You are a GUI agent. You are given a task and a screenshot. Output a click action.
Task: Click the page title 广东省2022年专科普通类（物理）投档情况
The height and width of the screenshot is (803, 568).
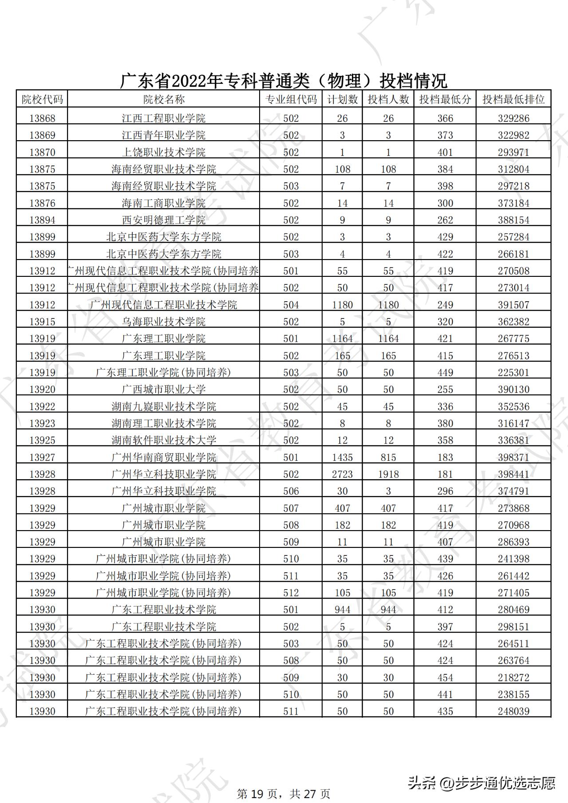[x=284, y=81]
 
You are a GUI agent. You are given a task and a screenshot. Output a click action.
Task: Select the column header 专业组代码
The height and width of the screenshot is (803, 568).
[x=291, y=99]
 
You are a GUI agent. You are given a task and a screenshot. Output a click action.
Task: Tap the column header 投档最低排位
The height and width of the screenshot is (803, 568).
[x=513, y=99]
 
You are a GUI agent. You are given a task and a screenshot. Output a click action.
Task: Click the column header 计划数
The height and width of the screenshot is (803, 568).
[x=342, y=99]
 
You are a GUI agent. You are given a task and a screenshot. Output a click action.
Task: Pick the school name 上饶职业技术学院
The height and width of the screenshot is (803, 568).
[x=164, y=152]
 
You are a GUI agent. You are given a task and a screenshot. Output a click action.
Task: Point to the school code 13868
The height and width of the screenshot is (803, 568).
[x=42, y=118]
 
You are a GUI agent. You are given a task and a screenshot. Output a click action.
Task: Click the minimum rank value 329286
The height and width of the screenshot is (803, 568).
[x=513, y=118]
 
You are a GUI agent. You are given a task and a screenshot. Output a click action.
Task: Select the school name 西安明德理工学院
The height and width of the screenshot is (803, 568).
[x=164, y=220]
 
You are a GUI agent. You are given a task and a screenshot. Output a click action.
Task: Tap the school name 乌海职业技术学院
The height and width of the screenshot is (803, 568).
[x=164, y=322]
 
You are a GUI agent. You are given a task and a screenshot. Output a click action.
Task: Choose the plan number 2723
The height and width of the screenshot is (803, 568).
[x=342, y=474]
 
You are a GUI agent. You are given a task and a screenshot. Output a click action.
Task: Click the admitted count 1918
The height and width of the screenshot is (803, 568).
[x=388, y=474]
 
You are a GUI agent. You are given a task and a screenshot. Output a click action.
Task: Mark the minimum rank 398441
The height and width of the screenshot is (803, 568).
[x=513, y=474]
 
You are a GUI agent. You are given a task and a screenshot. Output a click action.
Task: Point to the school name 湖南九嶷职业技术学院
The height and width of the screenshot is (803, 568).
[x=164, y=406]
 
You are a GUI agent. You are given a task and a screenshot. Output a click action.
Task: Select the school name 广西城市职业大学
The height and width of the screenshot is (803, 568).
[x=164, y=390]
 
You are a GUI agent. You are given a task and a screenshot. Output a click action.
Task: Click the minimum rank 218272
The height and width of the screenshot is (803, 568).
[x=513, y=677]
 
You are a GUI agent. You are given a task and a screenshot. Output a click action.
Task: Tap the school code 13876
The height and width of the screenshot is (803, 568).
[x=42, y=203]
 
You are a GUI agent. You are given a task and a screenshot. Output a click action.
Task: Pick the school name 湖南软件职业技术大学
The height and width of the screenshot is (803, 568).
[x=164, y=440]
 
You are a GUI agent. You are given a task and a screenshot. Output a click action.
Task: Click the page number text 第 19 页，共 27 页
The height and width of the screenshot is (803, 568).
[x=284, y=793]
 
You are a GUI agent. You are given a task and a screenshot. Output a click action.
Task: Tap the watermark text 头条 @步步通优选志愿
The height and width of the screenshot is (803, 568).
[x=481, y=783]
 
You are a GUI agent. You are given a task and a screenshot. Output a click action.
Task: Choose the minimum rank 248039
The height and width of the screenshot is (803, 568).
[x=513, y=711]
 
